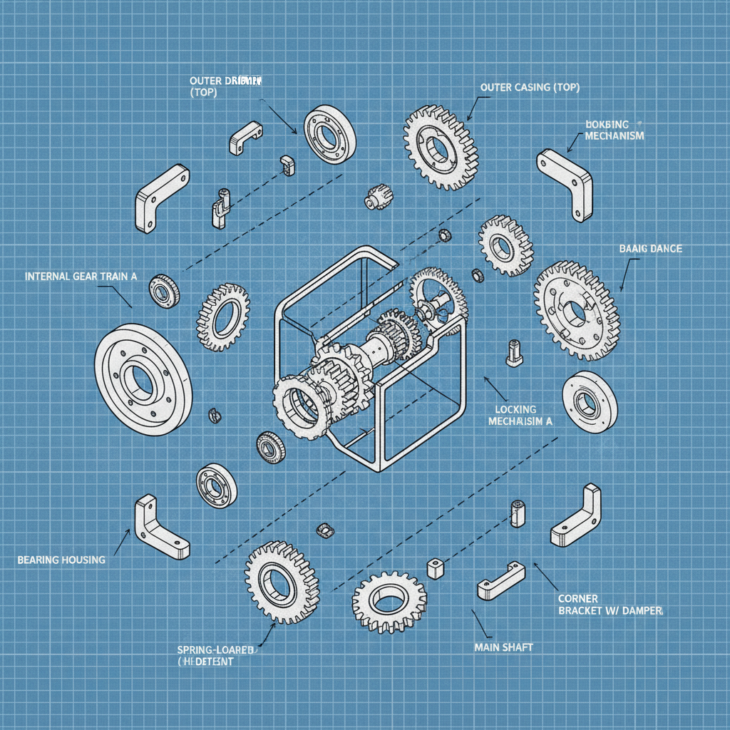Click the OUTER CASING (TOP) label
tap(530, 87)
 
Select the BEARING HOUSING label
tap(61, 560)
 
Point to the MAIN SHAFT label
tap(503, 647)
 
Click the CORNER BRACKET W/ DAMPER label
tap(610, 605)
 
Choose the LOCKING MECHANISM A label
tap(520, 416)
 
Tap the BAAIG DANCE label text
tap(651, 249)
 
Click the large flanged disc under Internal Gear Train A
tap(143, 379)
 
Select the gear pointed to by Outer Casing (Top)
tap(440, 148)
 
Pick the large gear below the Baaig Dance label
tap(576, 310)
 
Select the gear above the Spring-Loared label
tap(282, 581)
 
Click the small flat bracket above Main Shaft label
tap(500, 580)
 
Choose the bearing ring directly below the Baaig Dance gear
tap(590, 402)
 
